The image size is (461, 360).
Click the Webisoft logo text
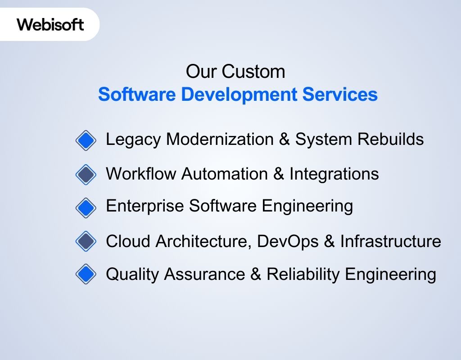click(x=50, y=24)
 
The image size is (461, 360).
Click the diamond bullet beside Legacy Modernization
click(x=86, y=140)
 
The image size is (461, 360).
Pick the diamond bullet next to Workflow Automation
click(x=86, y=175)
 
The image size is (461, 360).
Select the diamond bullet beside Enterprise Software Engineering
click(x=86, y=207)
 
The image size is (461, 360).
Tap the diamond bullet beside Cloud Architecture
click(x=86, y=242)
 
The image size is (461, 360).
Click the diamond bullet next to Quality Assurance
click(x=86, y=274)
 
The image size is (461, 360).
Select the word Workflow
click(x=141, y=174)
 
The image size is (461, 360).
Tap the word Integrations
click(x=334, y=174)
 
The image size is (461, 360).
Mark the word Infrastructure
click(x=390, y=242)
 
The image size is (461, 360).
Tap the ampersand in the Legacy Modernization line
click(x=284, y=139)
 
